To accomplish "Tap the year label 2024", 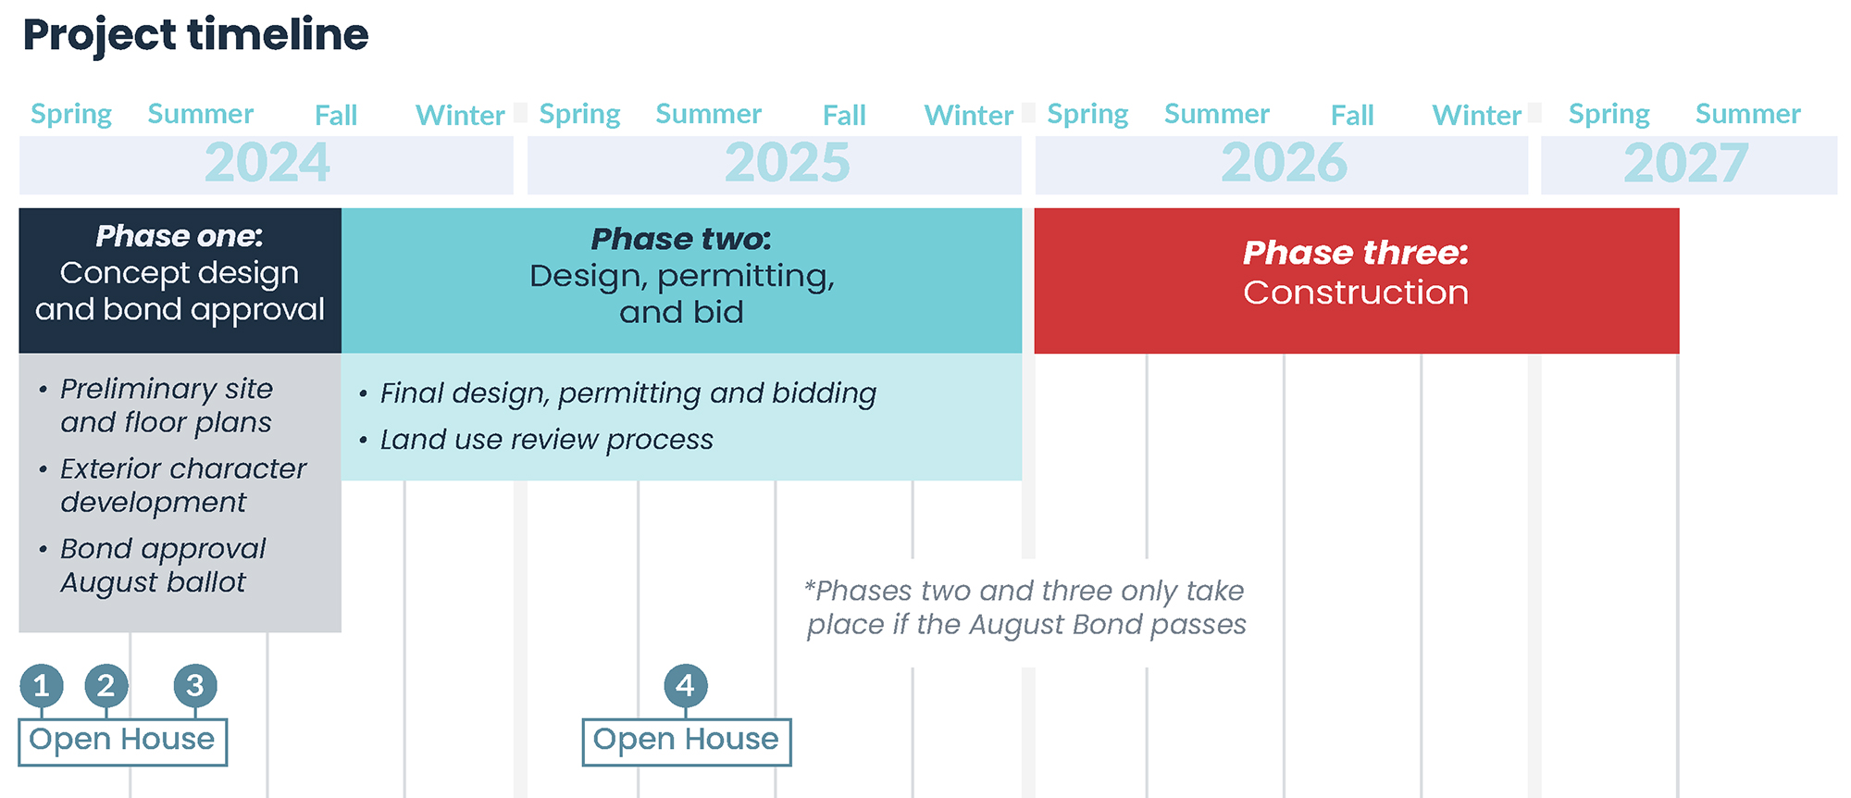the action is click(267, 163).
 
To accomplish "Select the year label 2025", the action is click(787, 163).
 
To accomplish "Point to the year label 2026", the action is click(1284, 163).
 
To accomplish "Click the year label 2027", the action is click(1685, 163).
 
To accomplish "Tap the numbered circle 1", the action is click(42, 686).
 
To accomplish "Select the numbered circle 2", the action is click(106, 686).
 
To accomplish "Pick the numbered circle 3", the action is click(195, 686).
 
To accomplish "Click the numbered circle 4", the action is click(686, 686).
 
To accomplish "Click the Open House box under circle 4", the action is click(687, 742).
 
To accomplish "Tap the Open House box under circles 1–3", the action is click(123, 742).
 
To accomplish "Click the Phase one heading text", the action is click(180, 236).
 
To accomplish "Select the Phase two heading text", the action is click(681, 239).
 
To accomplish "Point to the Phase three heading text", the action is click(1356, 253).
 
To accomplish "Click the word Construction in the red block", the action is click(1356, 293).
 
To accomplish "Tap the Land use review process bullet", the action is click(537, 440).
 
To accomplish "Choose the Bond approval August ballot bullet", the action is click(154, 566).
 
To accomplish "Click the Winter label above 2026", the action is click(1477, 115).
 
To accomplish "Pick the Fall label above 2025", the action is click(844, 115).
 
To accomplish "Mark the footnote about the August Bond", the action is click(1025, 607).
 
